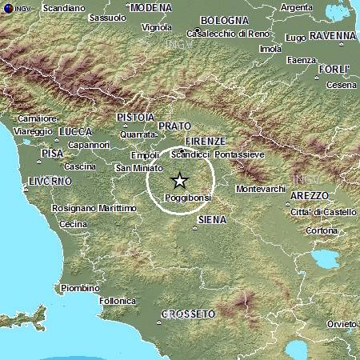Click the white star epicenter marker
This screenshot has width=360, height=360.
179,180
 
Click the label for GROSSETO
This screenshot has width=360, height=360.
187,314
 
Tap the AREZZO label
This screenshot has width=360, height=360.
310,195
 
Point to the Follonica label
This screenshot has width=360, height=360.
117,301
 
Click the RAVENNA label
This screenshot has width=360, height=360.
333,36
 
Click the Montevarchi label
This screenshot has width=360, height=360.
262,189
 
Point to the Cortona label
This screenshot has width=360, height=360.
322,230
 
